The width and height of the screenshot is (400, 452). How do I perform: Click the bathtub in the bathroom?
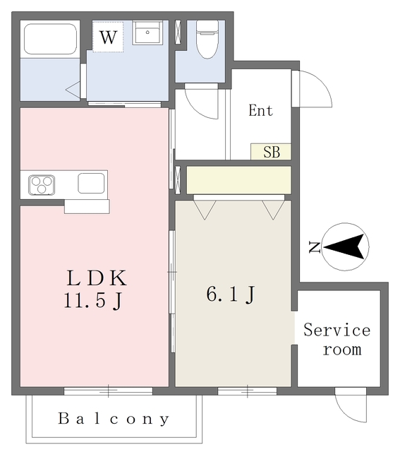(50, 39)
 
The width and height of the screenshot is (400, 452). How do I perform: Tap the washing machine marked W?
(108, 37)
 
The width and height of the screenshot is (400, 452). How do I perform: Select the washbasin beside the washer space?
(146, 32)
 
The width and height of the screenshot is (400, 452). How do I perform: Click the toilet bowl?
(207, 39)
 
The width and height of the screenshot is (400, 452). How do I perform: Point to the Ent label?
(260, 110)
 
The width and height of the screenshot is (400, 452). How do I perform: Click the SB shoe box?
(271, 152)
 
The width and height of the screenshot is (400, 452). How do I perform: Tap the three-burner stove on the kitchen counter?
(42, 185)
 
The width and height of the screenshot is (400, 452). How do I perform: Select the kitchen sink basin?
(91, 184)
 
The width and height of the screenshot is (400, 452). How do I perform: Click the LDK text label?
(97, 278)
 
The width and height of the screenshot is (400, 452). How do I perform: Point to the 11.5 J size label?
(94, 301)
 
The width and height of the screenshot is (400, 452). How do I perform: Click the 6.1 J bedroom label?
(231, 295)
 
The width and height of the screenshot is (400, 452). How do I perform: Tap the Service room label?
(337, 339)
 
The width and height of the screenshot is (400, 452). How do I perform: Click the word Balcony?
(114, 419)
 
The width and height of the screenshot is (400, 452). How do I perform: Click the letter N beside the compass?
(315, 247)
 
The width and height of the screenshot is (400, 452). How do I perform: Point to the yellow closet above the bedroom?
(238, 180)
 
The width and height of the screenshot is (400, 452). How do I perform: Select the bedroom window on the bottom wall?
(248, 391)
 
